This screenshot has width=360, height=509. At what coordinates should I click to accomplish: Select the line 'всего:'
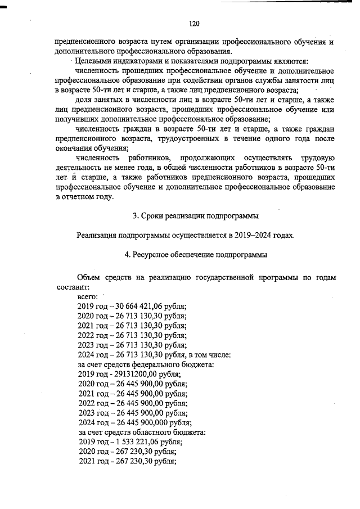pyautogui.click(x=88, y=296)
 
